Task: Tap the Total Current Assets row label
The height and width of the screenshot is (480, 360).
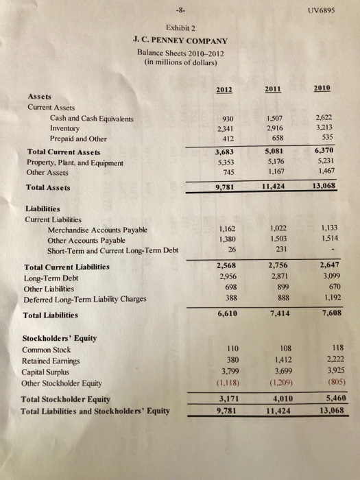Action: pyautogui.click(x=63, y=152)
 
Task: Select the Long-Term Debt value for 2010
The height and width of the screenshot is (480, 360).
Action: pyautogui.click(x=323, y=275)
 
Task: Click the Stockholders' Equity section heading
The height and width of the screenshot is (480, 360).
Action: pyautogui.click(x=60, y=338)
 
